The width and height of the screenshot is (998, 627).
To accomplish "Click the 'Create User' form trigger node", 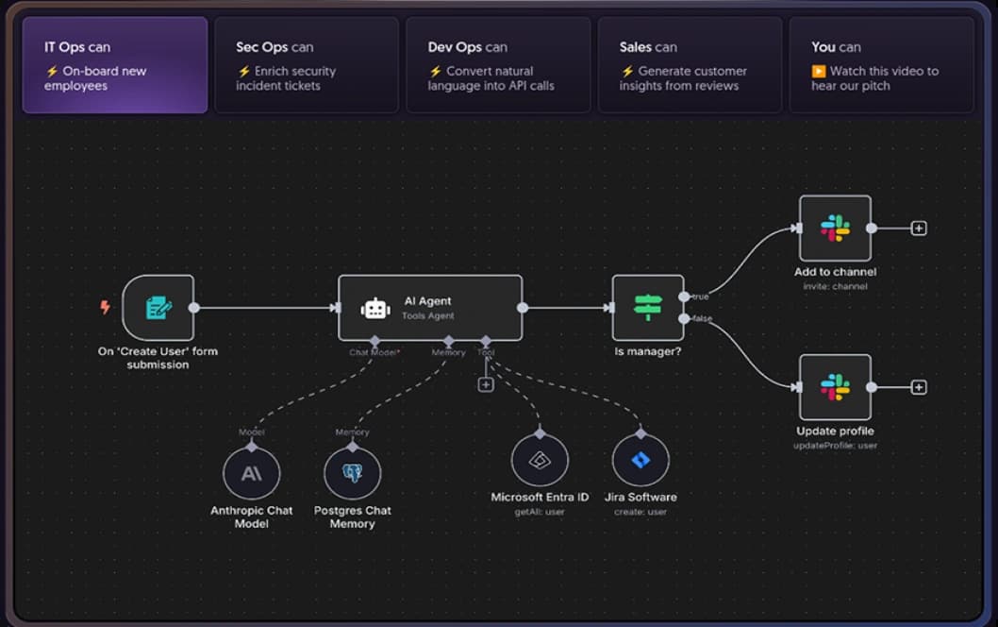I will [158, 308].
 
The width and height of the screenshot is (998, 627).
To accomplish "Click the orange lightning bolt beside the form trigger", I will [106, 307].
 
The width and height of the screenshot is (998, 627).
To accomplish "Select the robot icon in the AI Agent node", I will [375, 308].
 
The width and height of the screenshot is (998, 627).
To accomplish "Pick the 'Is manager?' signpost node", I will [648, 308].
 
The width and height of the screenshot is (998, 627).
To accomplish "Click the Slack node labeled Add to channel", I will [835, 229].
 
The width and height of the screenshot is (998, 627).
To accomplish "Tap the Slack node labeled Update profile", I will [835, 387].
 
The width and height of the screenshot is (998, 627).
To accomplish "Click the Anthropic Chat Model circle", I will [252, 473].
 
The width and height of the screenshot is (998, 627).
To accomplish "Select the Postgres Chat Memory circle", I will [353, 473].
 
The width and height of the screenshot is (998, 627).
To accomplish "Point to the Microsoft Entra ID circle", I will [540, 461].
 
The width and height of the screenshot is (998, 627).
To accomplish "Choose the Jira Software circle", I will [640, 461].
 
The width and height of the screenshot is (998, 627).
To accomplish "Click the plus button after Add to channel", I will [919, 229].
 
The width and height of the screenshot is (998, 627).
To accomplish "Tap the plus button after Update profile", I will [919, 387].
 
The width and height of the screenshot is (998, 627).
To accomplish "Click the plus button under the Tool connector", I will [486, 384].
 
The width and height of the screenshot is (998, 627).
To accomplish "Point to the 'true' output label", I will [701, 297].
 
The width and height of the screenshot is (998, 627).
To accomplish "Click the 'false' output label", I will [703, 319].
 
